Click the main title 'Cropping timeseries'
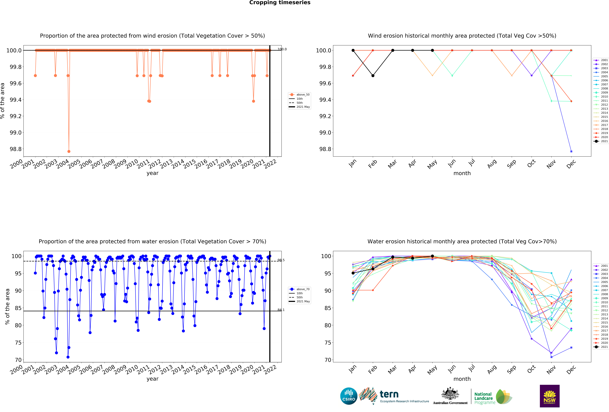pyautogui.click(x=280, y=3)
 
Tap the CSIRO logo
pyautogui.click(x=349, y=396)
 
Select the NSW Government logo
pyautogui.click(x=550, y=396)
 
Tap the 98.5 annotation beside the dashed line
pyautogui.click(x=281, y=260)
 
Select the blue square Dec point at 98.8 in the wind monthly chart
pyautogui.click(x=571, y=151)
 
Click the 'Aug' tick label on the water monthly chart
pyautogui.click(x=492, y=369)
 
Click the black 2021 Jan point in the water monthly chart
pyautogui.click(x=353, y=273)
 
